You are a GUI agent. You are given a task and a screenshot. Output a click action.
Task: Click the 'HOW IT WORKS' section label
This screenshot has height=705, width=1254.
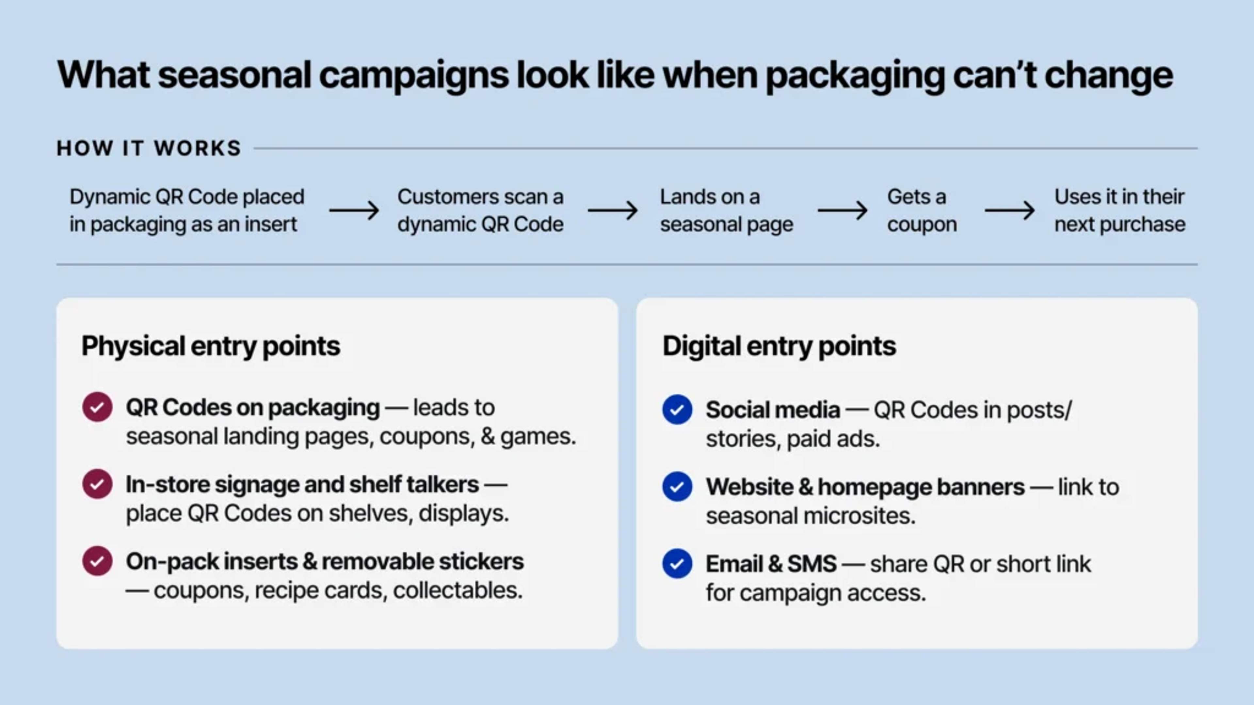[149, 148]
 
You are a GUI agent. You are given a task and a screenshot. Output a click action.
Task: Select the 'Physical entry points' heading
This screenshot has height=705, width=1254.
[210, 346]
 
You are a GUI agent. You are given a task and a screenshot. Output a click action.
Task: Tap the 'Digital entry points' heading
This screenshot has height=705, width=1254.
[779, 346]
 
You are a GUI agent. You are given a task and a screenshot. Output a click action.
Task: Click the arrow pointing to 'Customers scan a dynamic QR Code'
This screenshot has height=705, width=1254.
[354, 211]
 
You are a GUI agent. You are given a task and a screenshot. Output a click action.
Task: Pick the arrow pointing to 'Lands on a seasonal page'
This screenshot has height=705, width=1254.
[612, 211]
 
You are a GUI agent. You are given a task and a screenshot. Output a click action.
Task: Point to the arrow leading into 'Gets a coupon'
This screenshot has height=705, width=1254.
[842, 211]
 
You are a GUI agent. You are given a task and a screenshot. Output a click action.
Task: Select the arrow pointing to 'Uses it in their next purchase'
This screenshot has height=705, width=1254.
[1010, 211]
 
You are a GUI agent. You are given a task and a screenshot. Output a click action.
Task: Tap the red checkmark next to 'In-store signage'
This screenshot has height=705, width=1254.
[97, 484]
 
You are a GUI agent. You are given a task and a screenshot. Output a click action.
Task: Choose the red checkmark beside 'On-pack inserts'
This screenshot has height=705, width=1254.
[97, 561]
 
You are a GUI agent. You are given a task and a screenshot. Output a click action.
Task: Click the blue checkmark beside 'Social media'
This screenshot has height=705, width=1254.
[677, 410]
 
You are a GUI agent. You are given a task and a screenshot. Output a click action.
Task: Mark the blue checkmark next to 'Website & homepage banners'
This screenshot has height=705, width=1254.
[677, 487]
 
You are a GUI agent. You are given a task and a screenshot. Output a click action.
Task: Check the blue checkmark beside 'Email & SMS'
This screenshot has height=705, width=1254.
[677, 563]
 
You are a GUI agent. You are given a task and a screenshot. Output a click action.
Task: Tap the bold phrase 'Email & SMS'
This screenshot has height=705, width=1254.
[771, 564]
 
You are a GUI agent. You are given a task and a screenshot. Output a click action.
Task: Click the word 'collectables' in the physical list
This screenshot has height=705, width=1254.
[457, 590]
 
